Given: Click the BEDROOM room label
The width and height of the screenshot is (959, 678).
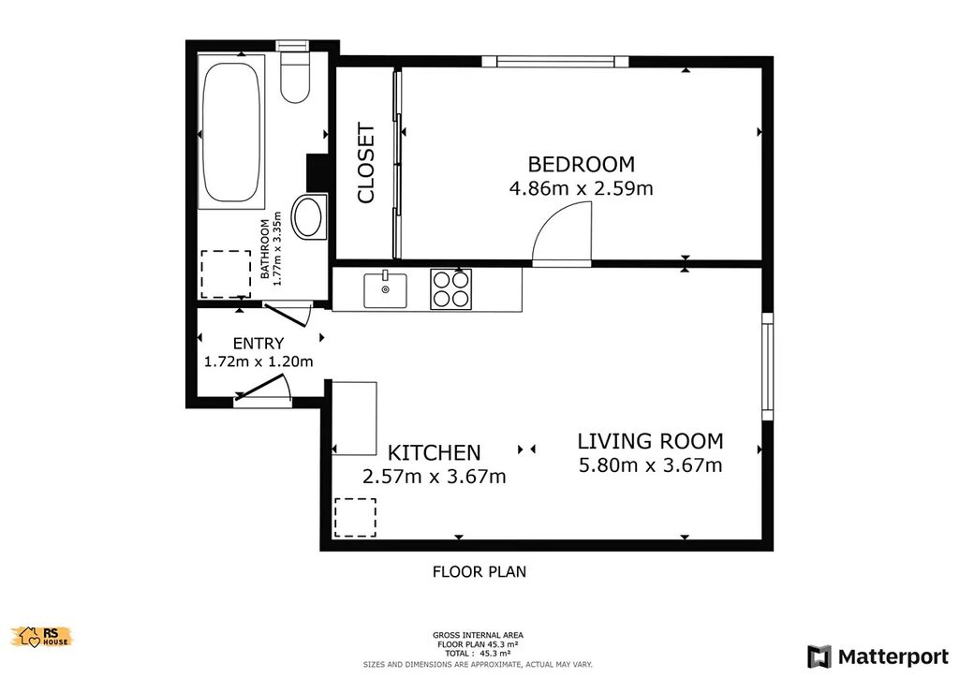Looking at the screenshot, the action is coord(581,165).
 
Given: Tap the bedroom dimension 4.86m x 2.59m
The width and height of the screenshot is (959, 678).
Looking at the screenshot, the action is coord(581,188).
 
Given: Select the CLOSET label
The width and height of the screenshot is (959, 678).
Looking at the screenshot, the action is coord(366,163).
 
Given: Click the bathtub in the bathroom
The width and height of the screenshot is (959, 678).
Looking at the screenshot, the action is coord(232,132).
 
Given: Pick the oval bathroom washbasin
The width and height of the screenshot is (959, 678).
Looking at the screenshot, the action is coord(309,216).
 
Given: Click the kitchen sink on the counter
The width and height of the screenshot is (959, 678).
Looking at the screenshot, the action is coord(385,289).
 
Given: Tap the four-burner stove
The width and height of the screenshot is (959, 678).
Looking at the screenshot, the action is coord(450,289).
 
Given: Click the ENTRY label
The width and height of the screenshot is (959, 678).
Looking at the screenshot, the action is coord(258,344).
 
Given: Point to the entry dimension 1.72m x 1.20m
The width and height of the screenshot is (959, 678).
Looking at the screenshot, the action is coord(258,361).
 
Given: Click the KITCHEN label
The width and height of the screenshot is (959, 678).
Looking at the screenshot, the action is coord(435,453).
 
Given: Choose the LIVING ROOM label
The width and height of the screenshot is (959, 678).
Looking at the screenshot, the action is coord(650,441).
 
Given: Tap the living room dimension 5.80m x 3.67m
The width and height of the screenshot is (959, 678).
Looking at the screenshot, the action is coord(650,465).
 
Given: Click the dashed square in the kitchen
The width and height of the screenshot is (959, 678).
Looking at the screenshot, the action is coord(355,518).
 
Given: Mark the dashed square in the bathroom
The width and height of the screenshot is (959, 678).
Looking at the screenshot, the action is coord(226,273).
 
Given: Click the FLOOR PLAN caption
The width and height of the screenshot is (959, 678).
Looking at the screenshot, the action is coord(479,572).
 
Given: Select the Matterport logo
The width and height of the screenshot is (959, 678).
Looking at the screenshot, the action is coord(878,657).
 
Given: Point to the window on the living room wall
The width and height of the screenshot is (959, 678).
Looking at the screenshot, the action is coord(768,367).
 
